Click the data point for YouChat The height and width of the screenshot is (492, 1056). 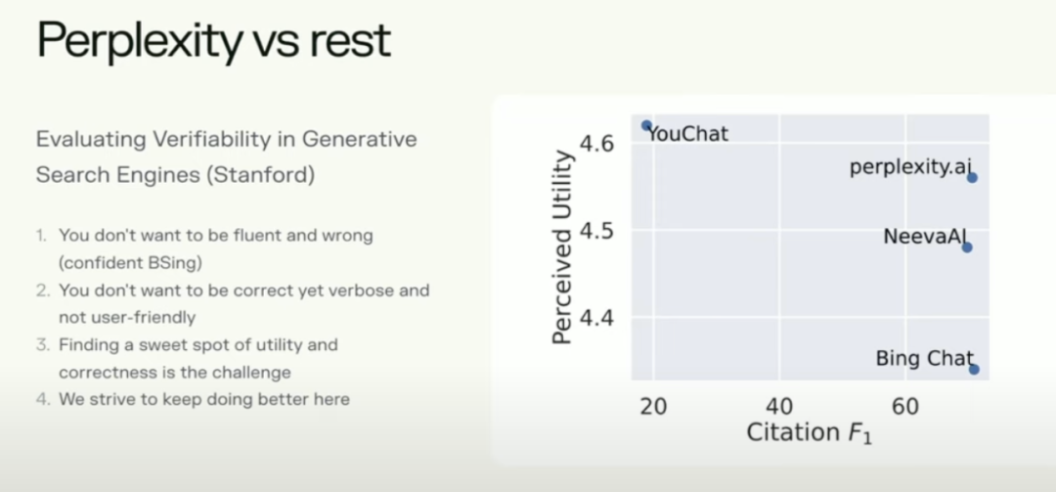click(x=646, y=125)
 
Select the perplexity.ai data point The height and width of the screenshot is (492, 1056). click(x=972, y=177)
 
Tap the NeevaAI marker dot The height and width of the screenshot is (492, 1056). click(x=967, y=247)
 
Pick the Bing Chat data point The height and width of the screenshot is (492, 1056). click(x=974, y=369)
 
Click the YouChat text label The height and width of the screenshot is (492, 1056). click(x=687, y=134)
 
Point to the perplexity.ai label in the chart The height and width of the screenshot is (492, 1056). click(x=911, y=167)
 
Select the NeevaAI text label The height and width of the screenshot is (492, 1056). click(x=925, y=237)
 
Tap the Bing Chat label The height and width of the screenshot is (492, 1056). click(x=925, y=359)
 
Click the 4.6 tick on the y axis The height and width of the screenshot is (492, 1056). click(x=596, y=143)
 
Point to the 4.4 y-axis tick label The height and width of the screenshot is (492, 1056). click(x=596, y=317)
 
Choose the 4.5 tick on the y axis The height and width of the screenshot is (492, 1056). click(x=596, y=231)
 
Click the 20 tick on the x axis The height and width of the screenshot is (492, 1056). click(x=652, y=406)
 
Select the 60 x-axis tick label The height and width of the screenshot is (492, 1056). click(x=905, y=406)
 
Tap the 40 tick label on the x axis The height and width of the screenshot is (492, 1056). click(x=779, y=406)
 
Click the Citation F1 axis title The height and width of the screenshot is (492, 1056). click(x=809, y=432)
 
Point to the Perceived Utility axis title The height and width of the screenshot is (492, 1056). click(x=561, y=247)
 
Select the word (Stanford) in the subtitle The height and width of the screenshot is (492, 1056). click(x=261, y=175)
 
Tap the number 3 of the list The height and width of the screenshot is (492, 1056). click(x=42, y=345)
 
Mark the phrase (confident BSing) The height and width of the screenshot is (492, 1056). click(x=131, y=263)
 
